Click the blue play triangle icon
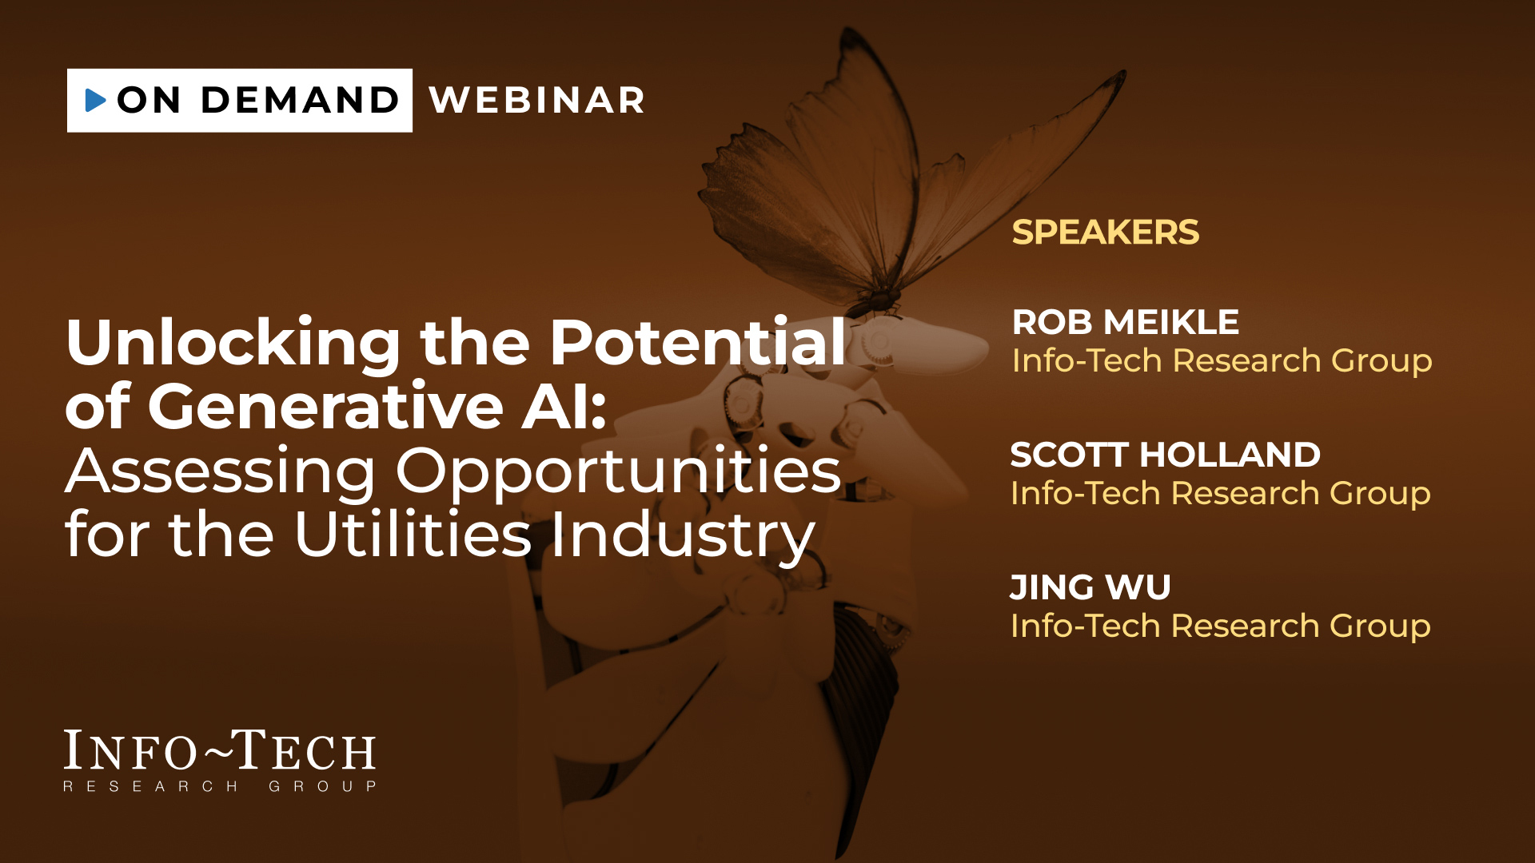(x=96, y=100)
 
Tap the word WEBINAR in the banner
(x=537, y=101)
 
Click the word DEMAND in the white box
(x=300, y=100)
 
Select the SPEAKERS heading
(x=1106, y=233)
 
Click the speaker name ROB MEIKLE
(x=1126, y=323)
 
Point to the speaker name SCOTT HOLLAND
(x=1166, y=455)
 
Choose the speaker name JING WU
(x=1090, y=588)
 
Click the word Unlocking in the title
(x=233, y=344)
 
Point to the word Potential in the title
(x=698, y=343)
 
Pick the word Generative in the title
(x=325, y=407)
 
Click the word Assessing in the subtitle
(x=221, y=473)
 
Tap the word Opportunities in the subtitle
(x=619, y=473)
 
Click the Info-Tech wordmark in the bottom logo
(x=220, y=751)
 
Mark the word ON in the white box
(x=149, y=100)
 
